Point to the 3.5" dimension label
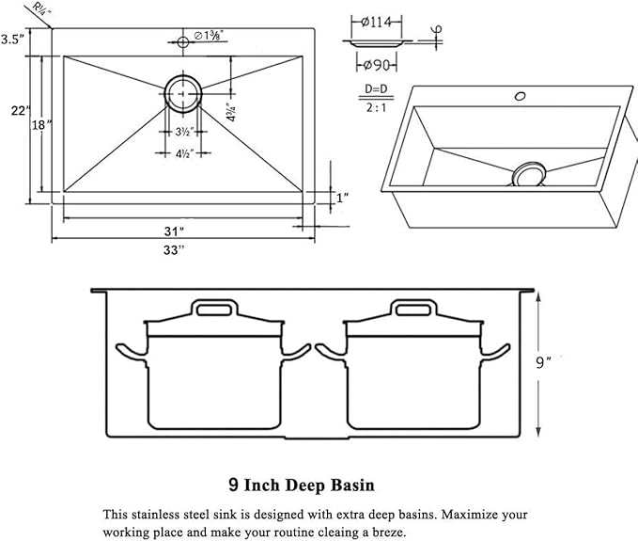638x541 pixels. coord(11,40)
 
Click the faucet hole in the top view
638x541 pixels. coord(182,41)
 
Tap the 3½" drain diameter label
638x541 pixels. coord(184,132)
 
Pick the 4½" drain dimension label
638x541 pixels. coord(184,153)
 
